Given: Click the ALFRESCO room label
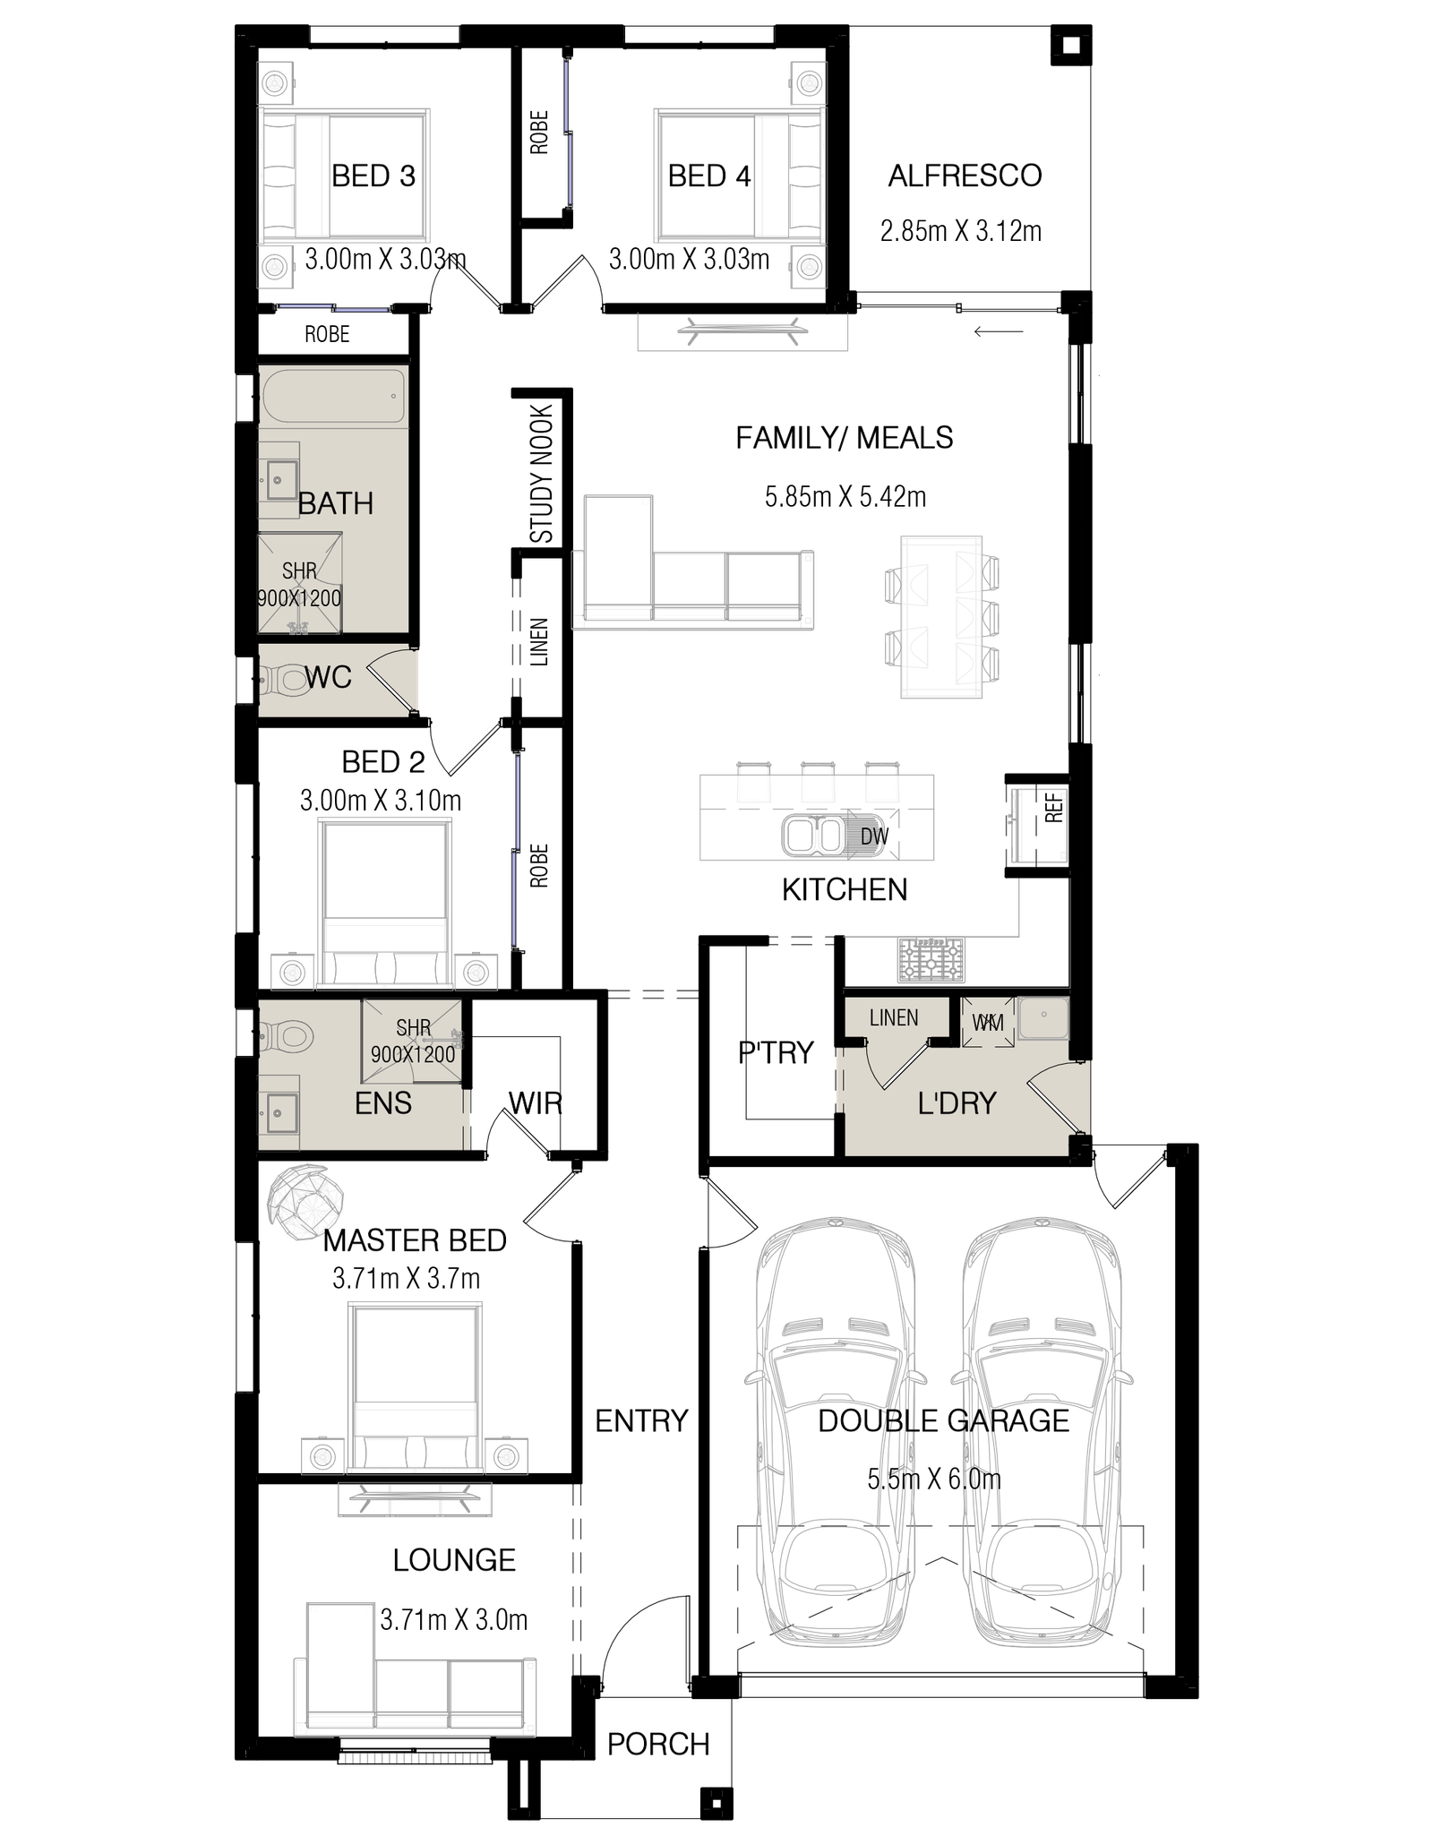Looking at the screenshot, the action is pos(965,176).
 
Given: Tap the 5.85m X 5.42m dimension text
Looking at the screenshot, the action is pos(845,496).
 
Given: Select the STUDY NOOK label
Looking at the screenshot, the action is pos(543,474).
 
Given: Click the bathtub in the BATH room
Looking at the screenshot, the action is pos(333,395).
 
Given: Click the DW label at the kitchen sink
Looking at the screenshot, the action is pos(873,836).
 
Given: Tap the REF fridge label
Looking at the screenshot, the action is pos(1053,808).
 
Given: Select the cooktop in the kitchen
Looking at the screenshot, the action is pos(931,959).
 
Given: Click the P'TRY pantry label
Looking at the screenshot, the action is pos(776,1052).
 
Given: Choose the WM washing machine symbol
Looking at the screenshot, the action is pos(988,1022).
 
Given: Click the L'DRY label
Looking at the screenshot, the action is pos(957,1103).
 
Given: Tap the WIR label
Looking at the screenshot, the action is pos(536,1102).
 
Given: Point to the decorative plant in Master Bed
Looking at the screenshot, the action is pos(306,1203).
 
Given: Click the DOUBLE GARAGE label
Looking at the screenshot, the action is pos(944,1421).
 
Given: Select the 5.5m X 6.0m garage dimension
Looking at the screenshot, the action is pos(934,1479).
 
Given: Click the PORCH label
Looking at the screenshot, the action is pos(658,1744).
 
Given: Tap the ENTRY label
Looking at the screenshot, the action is pos(641,1420).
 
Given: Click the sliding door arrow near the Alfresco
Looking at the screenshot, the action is pos(999,332).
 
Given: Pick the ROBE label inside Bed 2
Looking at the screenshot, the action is pos(539,866).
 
